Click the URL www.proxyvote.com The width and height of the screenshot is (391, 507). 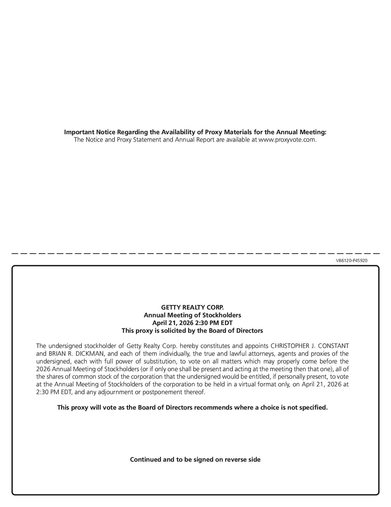(x=287, y=140)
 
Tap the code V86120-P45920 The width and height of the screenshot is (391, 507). (x=351, y=261)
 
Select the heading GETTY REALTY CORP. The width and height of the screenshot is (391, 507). (x=192, y=307)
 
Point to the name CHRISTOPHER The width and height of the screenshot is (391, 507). (x=289, y=346)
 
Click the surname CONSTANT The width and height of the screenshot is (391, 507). (x=333, y=346)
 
